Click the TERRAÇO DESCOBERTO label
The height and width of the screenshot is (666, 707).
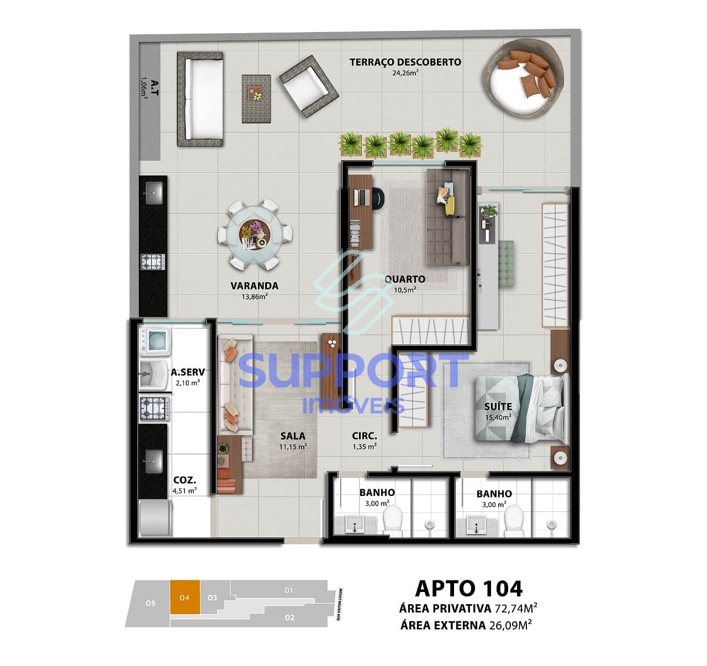pos(405,62)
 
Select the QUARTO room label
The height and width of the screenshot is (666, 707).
pos(405,279)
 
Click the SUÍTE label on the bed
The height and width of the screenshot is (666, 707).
pos(498,406)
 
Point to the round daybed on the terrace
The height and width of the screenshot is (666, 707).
pos(523,76)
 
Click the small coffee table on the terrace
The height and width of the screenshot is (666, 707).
pos(256,98)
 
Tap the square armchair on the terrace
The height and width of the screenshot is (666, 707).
pos(308,86)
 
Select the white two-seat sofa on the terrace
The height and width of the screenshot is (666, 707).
pos(200,99)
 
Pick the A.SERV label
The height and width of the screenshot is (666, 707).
pos(188,372)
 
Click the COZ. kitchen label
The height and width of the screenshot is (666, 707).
pos(184,480)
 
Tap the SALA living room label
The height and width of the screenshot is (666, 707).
pos(293,436)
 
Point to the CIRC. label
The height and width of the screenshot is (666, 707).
pos(365,436)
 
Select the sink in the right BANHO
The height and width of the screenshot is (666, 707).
pos(476,525)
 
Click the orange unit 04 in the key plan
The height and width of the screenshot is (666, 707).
pos(184,598)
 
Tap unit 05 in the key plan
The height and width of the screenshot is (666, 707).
pos(150,604)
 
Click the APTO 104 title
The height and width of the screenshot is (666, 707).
pos(468,589)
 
